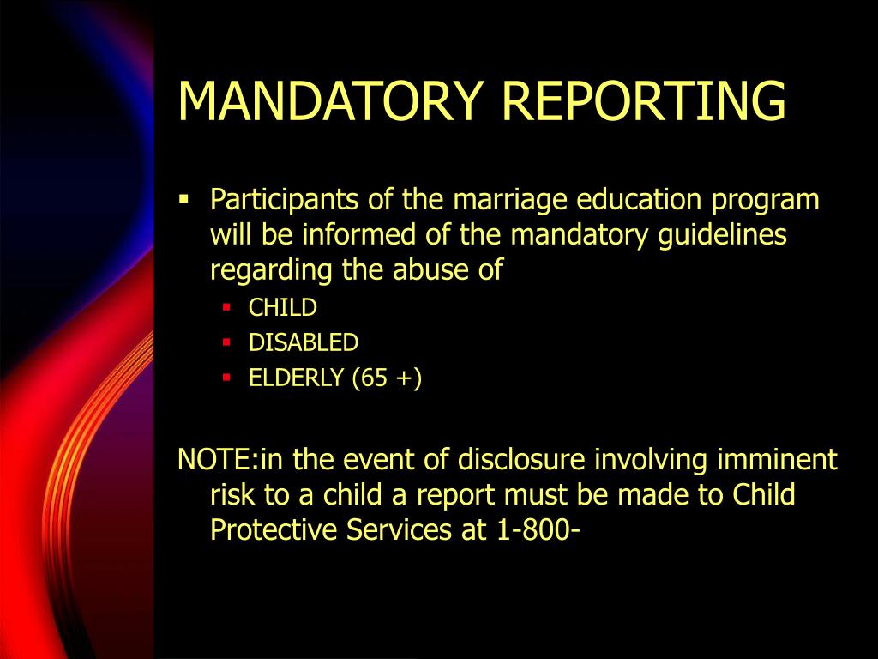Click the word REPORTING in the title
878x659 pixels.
pyautogui.click(x=644, y=100)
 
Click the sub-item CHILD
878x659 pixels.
pyautogui.click(x=283, y=307)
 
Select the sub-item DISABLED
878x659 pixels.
pyautogui.click(x=304, y=342)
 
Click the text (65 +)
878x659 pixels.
pyautogui.click(x=386, y=378)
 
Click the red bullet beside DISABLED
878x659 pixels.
pyautogui.click(x=226, y=342)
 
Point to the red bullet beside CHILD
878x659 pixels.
pyautogui.click(x=226, y=305)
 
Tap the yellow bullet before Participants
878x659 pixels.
pyautogui.click(x=183, y=199)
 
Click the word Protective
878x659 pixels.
pyautogui.click(x=274, y=530)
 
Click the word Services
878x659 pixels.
pyautogui.click(x=399, y=530)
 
